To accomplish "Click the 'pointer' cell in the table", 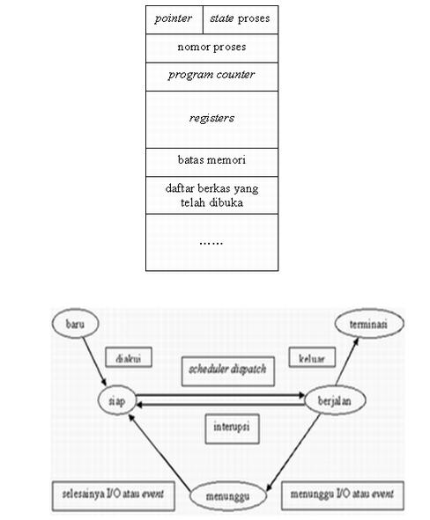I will [x=174, y=18].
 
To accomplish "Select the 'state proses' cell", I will [x=240, y=18].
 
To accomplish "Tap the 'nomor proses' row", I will [x=211, y=47].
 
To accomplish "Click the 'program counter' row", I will [x=211, y=75].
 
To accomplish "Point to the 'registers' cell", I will [x=211, y=118].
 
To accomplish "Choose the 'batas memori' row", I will [x=211, y=162].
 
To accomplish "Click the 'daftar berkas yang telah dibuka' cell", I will [x=211, y=194].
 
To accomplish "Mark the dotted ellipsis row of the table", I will [x=211, y=240].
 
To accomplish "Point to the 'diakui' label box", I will [x=123, y=358].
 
